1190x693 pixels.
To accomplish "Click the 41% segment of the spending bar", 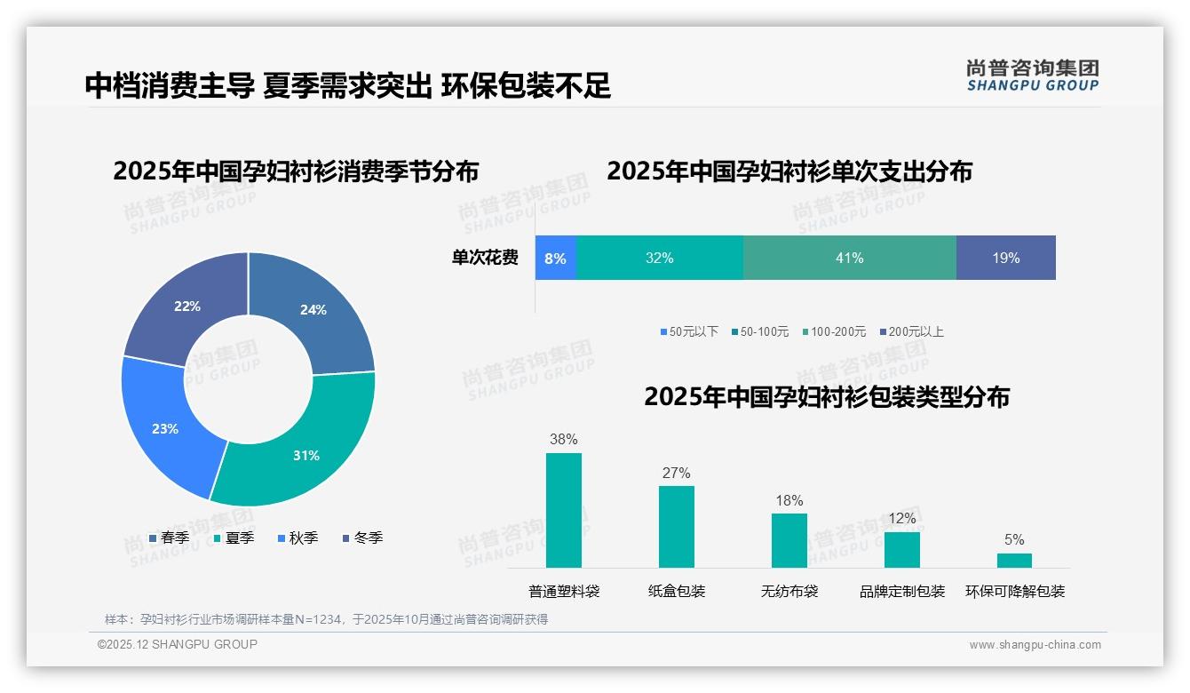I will (x=849, y=258).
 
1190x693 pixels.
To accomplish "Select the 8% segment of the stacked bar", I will (x=556, y=258).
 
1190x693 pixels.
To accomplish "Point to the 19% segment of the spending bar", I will (x=1005, y=258).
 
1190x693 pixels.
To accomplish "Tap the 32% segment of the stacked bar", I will (x=659, y=258).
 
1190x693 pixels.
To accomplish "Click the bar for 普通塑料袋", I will (x=564, y=510).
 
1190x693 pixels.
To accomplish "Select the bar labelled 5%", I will (x=1014, y=560).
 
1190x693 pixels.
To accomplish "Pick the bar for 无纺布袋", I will (x=789, y=540).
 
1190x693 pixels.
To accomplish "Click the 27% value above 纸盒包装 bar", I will (x=676, y=473).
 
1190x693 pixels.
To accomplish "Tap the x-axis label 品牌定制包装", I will (x=902, y=591).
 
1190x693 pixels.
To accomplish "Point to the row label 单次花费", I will (x=485, y=258).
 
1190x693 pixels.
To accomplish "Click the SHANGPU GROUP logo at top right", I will (x=1032, y=75).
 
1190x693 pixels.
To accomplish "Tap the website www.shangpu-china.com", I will (x=1035, y=644).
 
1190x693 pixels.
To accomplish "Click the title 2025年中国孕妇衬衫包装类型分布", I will (x=827, y=397).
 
